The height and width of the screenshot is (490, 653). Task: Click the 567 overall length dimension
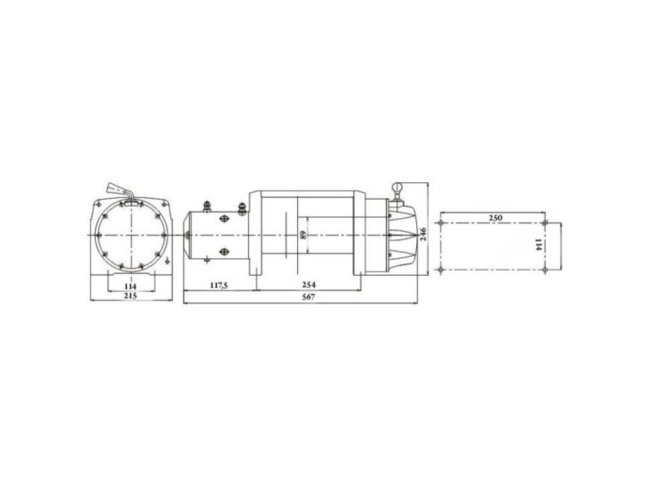coord(309,297)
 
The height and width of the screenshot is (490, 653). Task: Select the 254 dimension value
coord(309,285)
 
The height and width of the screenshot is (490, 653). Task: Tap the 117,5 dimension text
coord(219,285)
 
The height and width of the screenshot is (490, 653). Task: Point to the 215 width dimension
coord(131,295)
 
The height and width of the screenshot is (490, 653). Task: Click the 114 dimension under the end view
coord(131,287)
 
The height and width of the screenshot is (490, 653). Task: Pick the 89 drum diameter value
coord(303,235)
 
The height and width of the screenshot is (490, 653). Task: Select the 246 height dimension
coord(423,234)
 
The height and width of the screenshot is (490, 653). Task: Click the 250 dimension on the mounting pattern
coord(496,217)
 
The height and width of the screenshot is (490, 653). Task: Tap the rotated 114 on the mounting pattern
coord(538,245)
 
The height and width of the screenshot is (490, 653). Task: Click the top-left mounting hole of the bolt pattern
coord(440,223)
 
